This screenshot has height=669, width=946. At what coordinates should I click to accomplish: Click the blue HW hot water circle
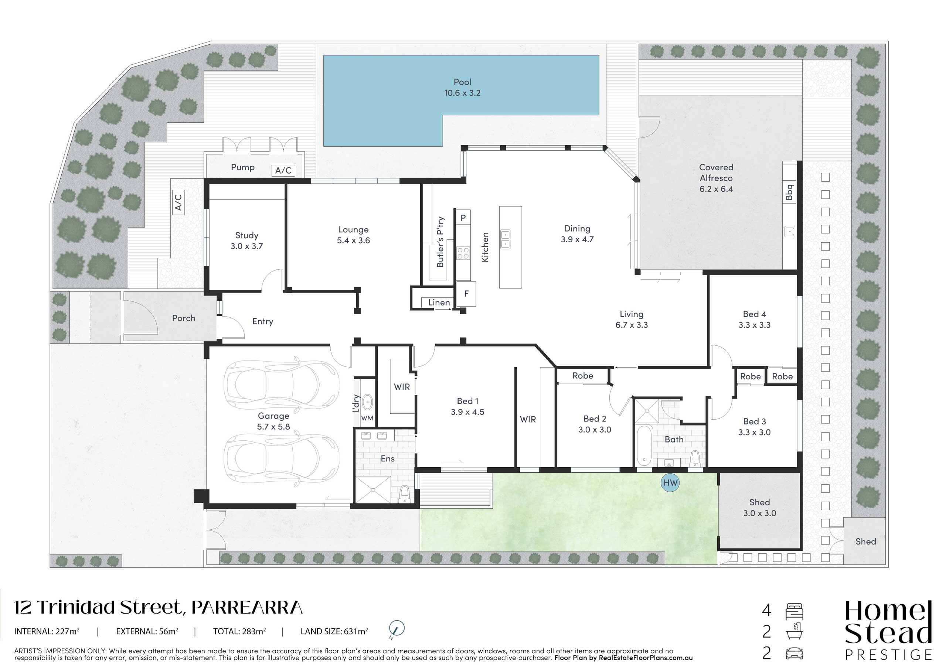(670, 483)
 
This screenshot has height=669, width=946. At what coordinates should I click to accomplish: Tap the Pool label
(462, 82)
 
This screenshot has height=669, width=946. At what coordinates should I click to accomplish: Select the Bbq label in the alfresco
(789, 192)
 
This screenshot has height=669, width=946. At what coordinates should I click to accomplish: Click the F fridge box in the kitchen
(466, 294)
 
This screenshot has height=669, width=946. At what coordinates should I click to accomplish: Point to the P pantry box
(463, 218)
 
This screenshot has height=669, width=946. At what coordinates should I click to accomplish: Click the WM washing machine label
(367, 418)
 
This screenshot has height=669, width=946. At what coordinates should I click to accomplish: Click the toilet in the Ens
(405, 493)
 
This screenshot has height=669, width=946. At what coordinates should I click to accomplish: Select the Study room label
(246, 235)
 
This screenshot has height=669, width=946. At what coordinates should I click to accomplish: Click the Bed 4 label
(755, 314)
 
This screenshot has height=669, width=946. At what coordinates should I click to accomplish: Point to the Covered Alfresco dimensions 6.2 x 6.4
(716, 189)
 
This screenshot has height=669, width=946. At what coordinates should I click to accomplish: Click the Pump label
(243, 167)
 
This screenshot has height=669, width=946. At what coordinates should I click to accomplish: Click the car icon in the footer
(794, 653)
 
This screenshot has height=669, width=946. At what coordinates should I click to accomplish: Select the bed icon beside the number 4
(794, 611)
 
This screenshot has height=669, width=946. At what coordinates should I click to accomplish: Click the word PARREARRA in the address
(247, 608)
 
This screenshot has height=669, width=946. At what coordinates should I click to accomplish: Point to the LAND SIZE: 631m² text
(334, 631)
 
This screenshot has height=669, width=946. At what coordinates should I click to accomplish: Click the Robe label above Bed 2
(583, 376)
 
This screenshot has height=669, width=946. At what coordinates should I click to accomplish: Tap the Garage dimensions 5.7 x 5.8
(273, 427)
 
